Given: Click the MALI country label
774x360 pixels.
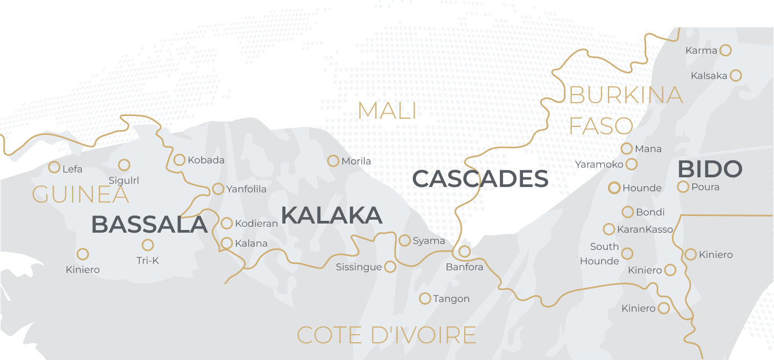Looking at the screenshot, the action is pos(387,111).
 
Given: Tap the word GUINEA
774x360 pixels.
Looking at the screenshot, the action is pos(81,195).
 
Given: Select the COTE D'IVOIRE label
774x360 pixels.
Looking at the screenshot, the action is pos(386,335).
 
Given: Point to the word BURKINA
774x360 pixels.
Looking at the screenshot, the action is pos(626,96).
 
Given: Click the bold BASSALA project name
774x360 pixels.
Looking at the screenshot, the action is pos(149,225).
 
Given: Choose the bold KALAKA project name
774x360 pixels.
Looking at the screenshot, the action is pos(331,215).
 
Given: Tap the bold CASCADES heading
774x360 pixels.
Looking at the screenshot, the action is pos(480,179).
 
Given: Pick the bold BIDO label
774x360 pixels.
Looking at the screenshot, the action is pos(709,169).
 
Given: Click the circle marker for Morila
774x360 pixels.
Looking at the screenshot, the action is pos(333,161).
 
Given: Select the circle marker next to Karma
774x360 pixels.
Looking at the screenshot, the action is pos(725,50).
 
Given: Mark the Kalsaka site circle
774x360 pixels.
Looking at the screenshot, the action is pos(736,75).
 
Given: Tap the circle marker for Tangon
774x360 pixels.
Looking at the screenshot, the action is pos(425,298).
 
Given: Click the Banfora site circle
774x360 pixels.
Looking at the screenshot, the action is pos(464,251).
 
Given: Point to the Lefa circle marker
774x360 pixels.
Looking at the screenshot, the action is pos(54,167).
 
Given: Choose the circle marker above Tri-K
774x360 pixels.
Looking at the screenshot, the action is pos(148,245).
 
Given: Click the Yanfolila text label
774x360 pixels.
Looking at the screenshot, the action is pos(246,189).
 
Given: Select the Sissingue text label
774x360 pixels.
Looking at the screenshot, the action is pos(359,267).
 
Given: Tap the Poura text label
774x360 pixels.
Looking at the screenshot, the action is pos(705,187).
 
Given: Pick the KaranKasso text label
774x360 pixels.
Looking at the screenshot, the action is pos(645,229).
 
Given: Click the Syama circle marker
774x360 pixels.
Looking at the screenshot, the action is pos(405,240).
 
